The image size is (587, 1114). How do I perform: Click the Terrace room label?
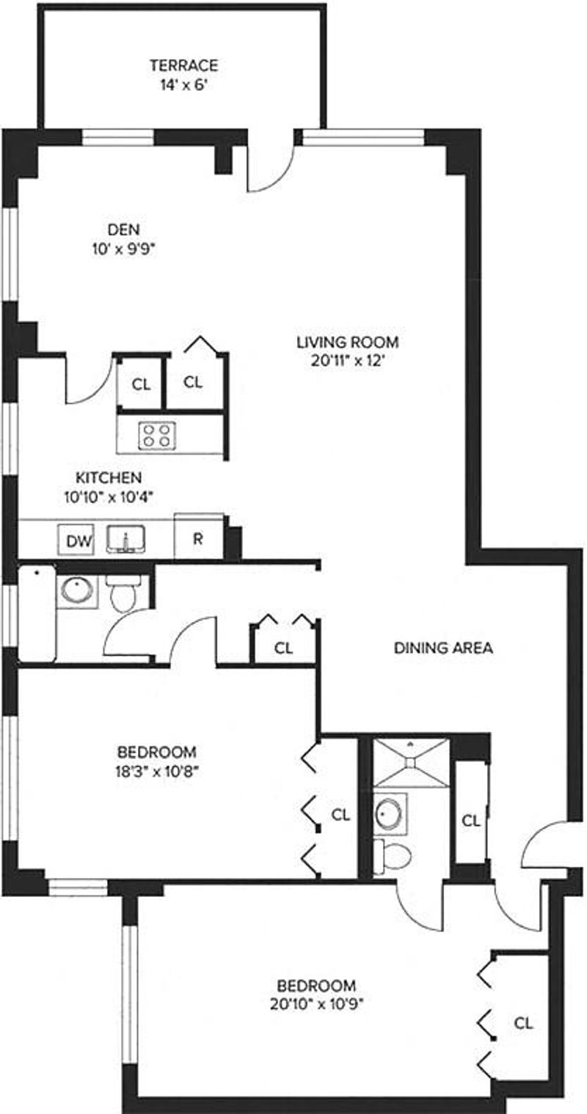coord(184,65)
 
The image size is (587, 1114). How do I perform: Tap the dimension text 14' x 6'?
coord(183,85)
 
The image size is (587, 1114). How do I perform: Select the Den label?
coord(124,230)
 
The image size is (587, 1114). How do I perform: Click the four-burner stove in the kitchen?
coord(157,435)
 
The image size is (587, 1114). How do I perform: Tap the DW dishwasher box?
coord(79,540)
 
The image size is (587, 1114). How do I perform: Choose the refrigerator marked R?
coord(199,537)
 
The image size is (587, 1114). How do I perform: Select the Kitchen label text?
coord(109,477)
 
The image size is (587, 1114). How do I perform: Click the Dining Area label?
coord(443,648)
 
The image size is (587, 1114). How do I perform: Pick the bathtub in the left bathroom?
coord(37,614)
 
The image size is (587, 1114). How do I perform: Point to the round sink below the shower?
coord(390,814)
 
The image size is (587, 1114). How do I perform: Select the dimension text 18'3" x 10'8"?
coord(156,772)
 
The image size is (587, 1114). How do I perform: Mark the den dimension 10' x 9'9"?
coord(124,249)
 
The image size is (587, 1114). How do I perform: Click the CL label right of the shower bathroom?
coord(470,820)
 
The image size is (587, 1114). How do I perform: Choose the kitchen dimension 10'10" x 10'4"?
coord(108,496)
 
